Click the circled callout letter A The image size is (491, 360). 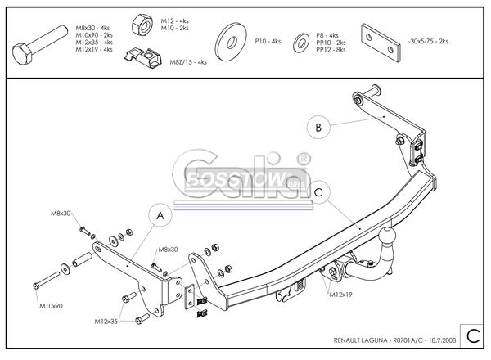coord(160,216)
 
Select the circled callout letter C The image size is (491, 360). coord(320,192)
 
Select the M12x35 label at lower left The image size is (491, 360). coord(106,322)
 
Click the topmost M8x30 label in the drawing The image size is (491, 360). coord(61,214)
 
